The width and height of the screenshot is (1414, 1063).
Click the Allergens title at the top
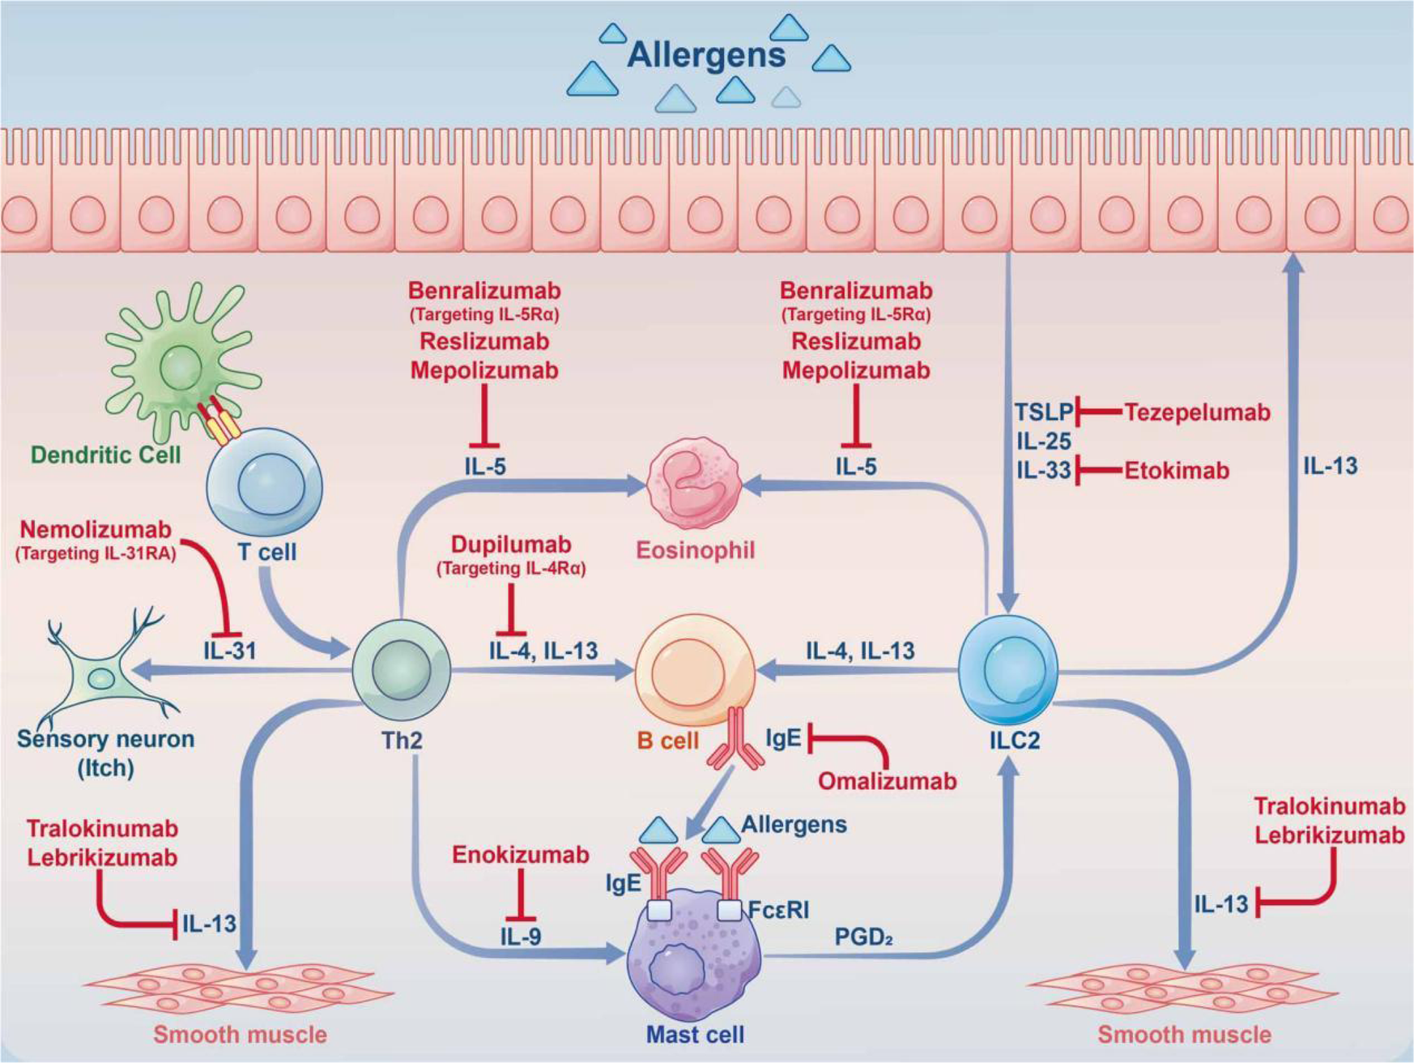[706, 55]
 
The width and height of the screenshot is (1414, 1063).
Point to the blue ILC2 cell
[1007, 669]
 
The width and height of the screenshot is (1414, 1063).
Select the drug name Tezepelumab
[1197, 412]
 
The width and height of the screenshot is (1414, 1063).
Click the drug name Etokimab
[1176, 470]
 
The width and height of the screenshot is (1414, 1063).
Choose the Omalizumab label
[887, 781]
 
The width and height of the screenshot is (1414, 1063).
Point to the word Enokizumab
[520, 855]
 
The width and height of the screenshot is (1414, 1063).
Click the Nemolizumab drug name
[96, 530]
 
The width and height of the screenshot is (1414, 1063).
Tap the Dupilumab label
[511, 544]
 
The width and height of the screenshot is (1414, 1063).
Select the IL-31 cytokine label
[229, 650]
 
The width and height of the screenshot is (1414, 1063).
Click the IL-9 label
[520, 937]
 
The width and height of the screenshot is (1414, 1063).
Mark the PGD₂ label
[863, 937]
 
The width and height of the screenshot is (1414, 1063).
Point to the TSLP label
[1043, 412]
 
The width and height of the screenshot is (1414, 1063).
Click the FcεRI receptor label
[777, 910]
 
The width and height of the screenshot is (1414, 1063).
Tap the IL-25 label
[1043, 442]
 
